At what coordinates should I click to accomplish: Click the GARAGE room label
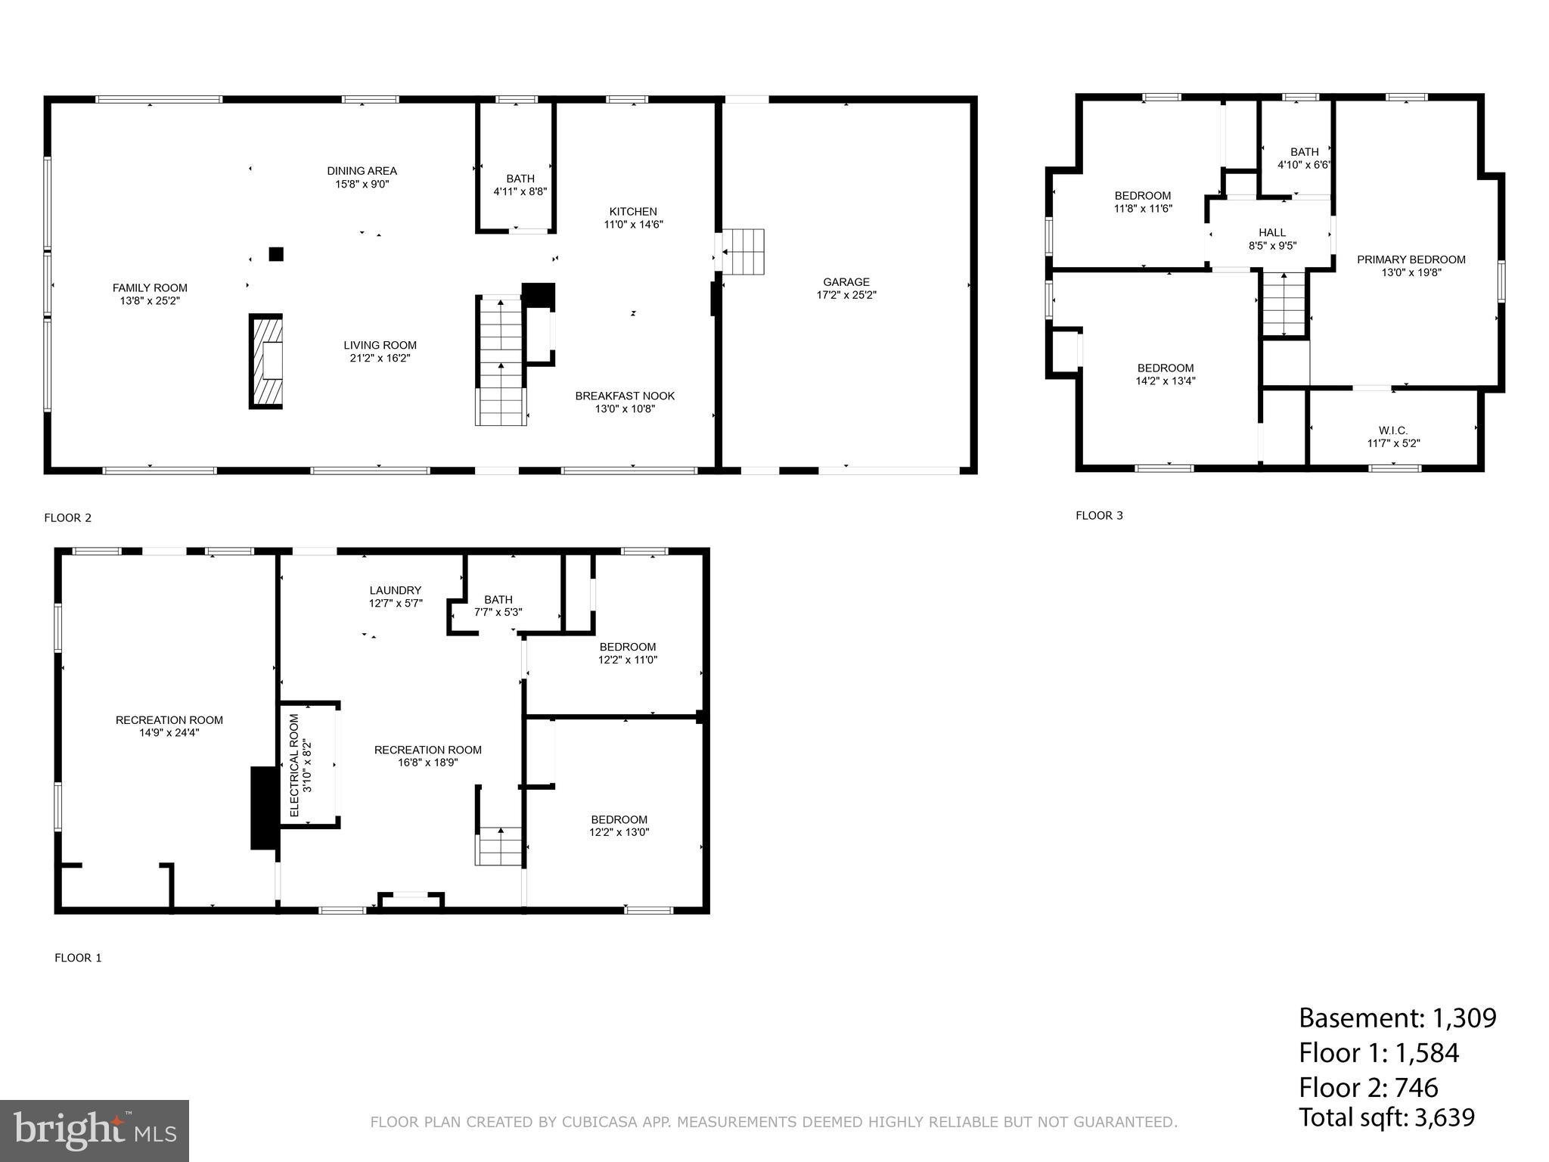tap(846, 282)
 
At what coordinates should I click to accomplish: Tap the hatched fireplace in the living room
tap(266, 361)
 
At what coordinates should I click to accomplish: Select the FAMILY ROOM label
tap(150, 288)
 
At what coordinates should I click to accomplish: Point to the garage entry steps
tap(743, 252)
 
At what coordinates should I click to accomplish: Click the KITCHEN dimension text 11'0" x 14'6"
tap(633, 225)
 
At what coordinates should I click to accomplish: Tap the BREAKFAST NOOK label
tap(625, 396)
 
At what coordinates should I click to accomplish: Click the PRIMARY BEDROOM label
tap(1411, 259)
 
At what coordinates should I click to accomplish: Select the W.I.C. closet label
tap(1393, 430)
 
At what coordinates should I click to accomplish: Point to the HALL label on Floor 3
tap(1272, 233)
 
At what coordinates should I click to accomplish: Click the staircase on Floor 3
tap(1284, 303)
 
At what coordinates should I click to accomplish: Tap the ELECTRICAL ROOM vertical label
tap(295, 765)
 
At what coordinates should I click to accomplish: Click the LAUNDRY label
tap(396, 591)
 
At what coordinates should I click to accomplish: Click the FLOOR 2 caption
tap(68, 518)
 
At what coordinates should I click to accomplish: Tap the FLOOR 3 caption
tap(1099, 516)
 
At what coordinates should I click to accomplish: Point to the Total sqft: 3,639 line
tap(1386, 1117)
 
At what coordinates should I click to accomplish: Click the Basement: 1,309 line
tap(1397, 1018)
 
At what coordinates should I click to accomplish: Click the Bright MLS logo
tap(95, 1131)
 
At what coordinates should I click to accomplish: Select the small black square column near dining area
tap(276, 254)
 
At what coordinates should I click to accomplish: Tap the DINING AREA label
tap(362, 171)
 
